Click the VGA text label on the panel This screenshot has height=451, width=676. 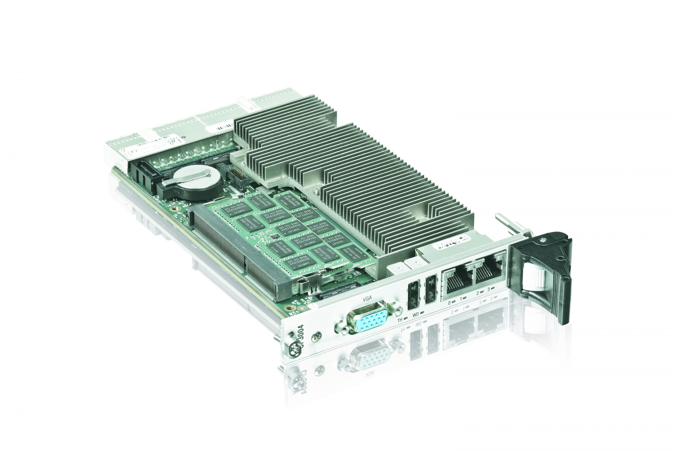point(367,299)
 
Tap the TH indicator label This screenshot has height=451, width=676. point(400,320)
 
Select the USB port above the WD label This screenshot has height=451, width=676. point(413,296)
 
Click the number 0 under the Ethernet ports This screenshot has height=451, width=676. point(449,303)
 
